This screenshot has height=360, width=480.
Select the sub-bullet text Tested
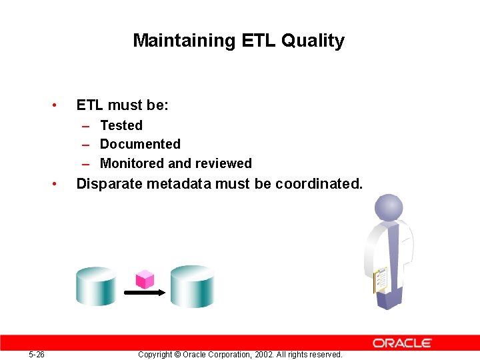click(x=121, y=125)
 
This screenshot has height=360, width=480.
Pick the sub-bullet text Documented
click(x=140, y=144)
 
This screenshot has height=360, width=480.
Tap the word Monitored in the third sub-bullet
click(x=131, y=163)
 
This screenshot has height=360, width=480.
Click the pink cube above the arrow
click(x=145, y=279)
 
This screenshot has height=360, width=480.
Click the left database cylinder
click(x=97, y=286)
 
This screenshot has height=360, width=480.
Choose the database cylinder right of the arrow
click(x=193, y=286)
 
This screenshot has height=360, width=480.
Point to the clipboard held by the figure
click(x=381, y=280)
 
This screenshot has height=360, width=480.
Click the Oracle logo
click(x=403, y=343)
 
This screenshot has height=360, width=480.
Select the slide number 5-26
click(x=37, y=355)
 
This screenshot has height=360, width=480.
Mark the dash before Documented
click(x=87, y=145)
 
